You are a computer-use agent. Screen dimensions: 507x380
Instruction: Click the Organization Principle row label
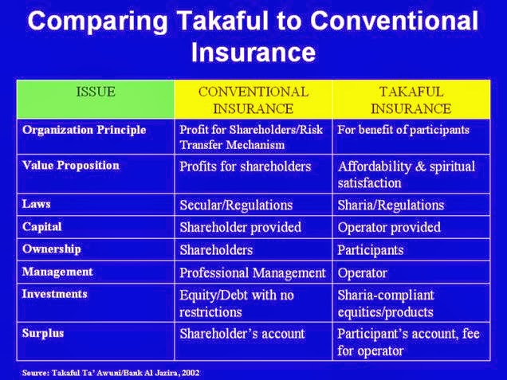pyautogui.click(x=84, y=130)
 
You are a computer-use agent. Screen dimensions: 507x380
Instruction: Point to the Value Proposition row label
pyautogui.click(x=71, y=166)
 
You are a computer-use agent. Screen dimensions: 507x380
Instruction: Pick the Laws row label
pyautogui.click(x=36, y=204)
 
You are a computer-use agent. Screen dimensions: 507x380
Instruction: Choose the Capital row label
pyautogui.click(x=42, y=227)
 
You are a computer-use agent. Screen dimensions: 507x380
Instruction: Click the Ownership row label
pyautogui.click(x=51, y=249)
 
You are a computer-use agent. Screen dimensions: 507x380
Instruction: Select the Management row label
pyautogui.click(x=57, y=272)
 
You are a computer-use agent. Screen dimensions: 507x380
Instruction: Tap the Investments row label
pyautogui.click(x=55, y=294)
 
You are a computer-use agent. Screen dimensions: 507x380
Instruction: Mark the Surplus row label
pyautogui.click(x=43, y=334)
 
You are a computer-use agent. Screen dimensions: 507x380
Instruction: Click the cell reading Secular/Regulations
pyautogui.click(x=236, y=206)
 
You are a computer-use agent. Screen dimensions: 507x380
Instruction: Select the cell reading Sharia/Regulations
pyautogui.click(x=391, y=206)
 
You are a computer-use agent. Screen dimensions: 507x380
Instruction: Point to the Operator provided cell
pyautogui.click(x=389, y=228)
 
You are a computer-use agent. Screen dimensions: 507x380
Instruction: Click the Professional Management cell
pyautogui.click(x=252, y=273)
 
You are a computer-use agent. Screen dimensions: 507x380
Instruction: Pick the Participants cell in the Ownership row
pyautogui.click(x=371, y=250)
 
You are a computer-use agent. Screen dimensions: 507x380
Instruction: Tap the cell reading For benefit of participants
pyautogui.click(x=403, y=130)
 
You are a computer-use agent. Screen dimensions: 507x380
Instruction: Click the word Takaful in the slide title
pyautogui.click(x=222, y=21)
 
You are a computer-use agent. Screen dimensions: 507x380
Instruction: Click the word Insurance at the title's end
pyautogui.click(x=253, y=53)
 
